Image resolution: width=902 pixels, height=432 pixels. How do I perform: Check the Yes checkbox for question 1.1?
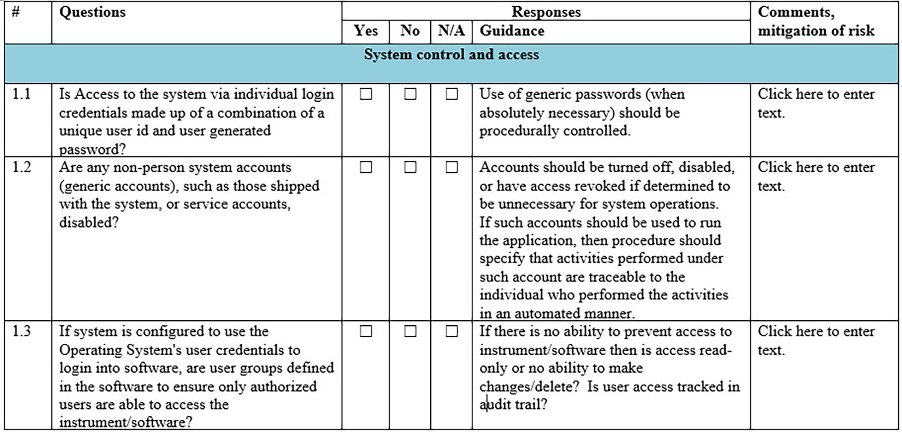366,94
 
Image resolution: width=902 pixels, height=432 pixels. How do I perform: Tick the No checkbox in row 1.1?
410,94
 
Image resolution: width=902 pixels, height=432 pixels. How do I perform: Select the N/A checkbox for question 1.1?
451,94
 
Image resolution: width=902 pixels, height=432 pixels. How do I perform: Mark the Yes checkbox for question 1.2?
366,167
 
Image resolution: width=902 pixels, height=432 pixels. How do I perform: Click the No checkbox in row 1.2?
410,167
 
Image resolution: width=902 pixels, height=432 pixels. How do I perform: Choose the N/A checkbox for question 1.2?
451,167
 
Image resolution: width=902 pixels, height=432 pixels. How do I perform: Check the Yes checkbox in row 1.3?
366,331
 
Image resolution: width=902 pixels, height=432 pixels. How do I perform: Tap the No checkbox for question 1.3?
410,331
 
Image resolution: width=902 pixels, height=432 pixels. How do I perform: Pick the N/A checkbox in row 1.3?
451,331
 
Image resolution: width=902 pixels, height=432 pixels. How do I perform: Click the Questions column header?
92,12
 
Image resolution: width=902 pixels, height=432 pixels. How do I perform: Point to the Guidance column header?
512,31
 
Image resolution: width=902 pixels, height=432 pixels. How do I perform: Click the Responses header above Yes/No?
546,12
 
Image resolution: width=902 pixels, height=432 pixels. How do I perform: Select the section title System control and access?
451,55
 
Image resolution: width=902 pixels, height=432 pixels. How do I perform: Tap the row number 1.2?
22,167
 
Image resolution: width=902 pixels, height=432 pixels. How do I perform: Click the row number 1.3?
22,331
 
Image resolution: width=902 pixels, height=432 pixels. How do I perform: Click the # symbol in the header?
16,12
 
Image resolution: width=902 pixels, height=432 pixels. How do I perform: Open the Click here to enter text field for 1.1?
816,103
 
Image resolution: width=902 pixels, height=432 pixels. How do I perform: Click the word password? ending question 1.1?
92,149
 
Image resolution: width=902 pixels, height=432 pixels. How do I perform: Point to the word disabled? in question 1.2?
89,222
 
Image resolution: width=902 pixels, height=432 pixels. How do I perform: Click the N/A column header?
451,31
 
